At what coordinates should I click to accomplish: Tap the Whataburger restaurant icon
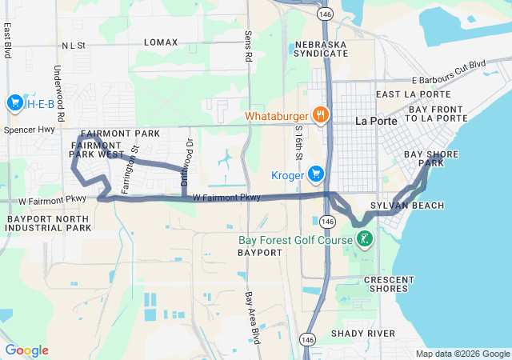click(320, 114)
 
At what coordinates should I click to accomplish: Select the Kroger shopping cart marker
click(317, 174)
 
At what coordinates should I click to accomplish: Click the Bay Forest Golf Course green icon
click(364, 239)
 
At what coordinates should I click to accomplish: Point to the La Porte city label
click(372, 121)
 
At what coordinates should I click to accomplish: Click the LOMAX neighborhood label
click(161, 42)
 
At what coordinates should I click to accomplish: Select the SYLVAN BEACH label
click(418, 206)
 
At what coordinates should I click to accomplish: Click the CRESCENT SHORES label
click(389, 283)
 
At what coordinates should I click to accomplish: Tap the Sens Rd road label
click(248, 47)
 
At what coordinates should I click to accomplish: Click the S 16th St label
click(298, 145)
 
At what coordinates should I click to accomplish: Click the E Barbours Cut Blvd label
click(449, 71)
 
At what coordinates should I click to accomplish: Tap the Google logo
click(26, 350)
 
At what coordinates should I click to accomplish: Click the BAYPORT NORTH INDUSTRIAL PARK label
click(49, 223)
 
